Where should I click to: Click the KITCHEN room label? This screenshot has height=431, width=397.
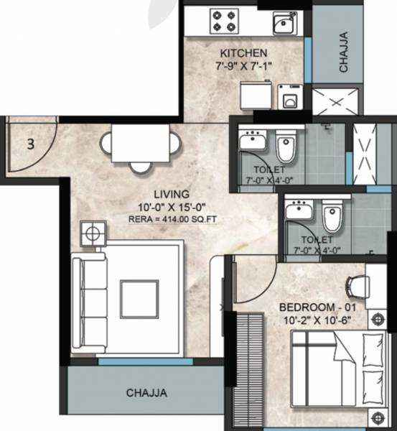click(244, 53)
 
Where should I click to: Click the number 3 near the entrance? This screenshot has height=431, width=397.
click(30, 143)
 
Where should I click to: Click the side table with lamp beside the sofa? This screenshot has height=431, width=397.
click(93, 233)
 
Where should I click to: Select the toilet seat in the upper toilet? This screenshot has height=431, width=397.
click(286, 147)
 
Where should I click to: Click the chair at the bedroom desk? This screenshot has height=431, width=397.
click(357, 286)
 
